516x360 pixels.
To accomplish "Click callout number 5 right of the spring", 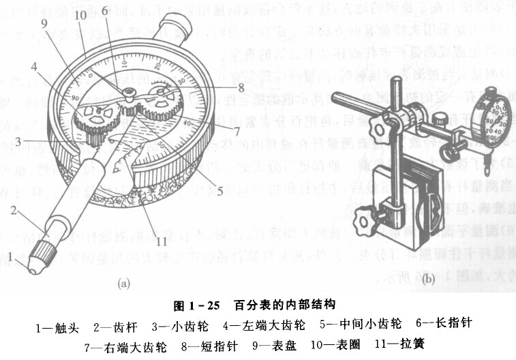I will click(x=220, y=192).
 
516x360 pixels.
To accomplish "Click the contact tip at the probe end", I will click(x=33, y=263).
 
